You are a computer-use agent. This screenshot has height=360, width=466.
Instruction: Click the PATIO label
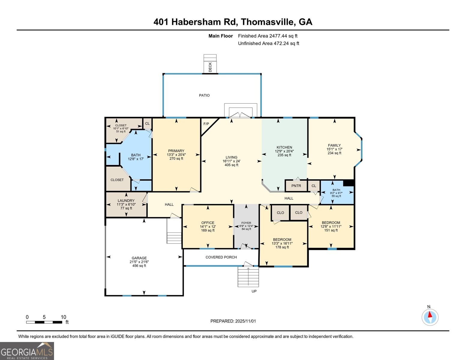(204, 95)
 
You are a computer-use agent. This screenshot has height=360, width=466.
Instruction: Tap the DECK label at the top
(210, 67)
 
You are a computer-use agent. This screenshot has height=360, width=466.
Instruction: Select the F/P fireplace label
(206, 124)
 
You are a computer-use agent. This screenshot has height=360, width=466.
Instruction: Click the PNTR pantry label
(296, 186)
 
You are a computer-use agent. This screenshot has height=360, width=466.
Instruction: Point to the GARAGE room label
(139, 258)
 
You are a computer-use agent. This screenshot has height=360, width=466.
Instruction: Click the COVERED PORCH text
(221, 257)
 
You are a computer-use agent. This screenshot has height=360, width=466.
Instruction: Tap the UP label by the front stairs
(254, 291)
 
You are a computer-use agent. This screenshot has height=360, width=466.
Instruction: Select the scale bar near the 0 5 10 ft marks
(44, 322)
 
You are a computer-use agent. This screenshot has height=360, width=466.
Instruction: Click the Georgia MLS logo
(27, 351)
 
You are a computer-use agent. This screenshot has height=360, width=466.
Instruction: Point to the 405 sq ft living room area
(231, 165)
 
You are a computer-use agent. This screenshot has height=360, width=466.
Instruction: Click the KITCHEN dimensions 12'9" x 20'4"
(284, 151)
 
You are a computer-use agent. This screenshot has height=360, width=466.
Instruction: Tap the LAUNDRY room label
(126, 201)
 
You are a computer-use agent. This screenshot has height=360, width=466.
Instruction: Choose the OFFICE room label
(208, 223)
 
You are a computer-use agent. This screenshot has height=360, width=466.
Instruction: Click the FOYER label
(246, 223)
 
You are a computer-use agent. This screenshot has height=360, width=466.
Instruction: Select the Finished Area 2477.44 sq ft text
(268, 36)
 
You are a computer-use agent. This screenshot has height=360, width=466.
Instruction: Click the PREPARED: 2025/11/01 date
(233, 321)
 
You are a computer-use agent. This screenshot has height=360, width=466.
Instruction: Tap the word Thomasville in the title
(268, 22)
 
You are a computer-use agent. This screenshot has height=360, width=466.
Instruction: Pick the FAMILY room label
(334, 145)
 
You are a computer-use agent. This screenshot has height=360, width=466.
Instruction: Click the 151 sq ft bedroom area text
(331, 230)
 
